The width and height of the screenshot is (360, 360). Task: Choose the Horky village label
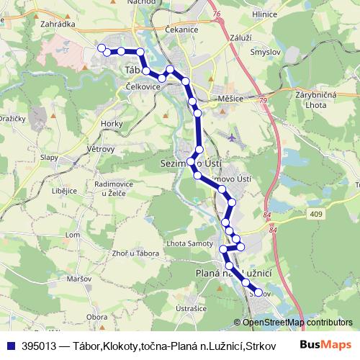(112, 124)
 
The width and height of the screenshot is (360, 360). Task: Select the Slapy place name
(49, 156)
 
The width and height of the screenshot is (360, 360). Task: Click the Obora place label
(96, 316)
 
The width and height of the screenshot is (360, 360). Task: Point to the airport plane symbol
(231, 136)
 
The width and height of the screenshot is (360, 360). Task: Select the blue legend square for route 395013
(11, 345)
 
